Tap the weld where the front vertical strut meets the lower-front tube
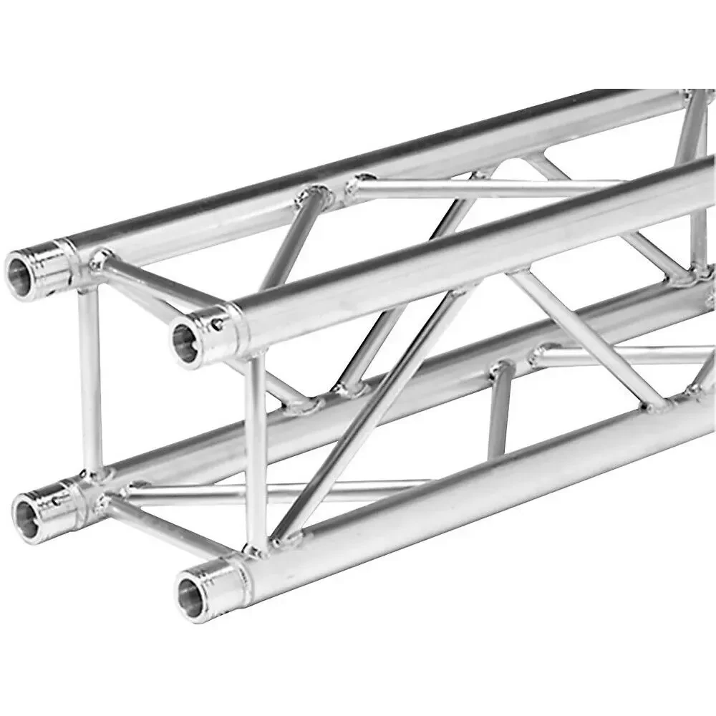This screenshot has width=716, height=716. [x=255, y=548]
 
